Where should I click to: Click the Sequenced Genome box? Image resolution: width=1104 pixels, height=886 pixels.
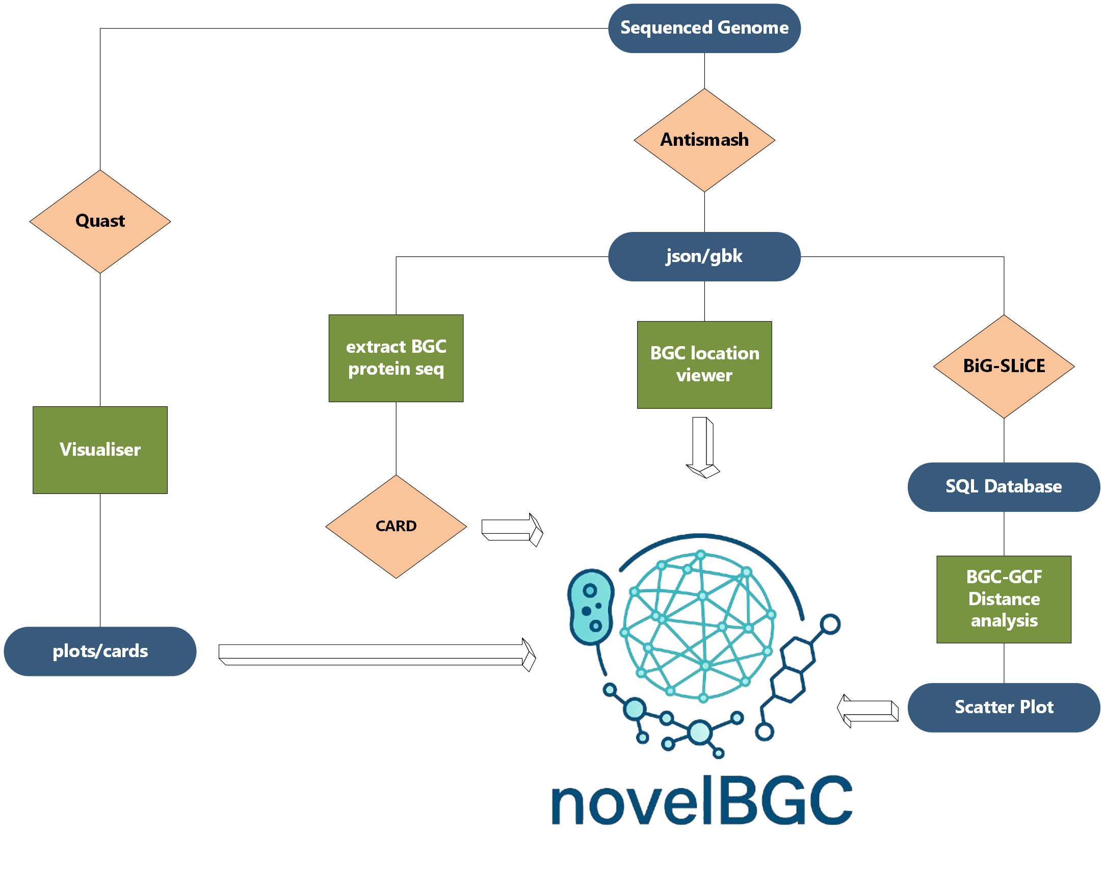[x=704, y=28]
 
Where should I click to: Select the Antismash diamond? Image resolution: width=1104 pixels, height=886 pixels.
[x=704, y=140]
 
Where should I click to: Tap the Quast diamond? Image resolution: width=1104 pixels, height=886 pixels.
[x=100, y=221]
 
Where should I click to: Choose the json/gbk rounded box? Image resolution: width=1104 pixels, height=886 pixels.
[x=704, y=256]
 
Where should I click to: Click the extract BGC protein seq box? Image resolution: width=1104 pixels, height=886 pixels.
[x=396, y=358]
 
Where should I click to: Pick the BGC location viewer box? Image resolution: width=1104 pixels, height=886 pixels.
[x=704, y=364]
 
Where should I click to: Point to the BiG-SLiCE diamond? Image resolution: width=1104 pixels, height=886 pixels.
[x=1004, y=366]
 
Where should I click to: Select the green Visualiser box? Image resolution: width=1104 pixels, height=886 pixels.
[x=100, y=450]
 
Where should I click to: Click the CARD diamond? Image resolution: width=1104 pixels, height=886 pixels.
[x=396, y=527]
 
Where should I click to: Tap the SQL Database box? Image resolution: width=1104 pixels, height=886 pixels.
[x=1004, y=486]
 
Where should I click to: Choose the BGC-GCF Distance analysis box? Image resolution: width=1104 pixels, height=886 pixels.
[x=1004, y=599]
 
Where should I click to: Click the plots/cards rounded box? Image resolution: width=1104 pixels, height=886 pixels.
[x=100, y=651]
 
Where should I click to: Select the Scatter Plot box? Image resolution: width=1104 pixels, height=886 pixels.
[x=1004, y=707]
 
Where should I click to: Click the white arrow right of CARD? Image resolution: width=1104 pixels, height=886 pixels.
[x=512, y=530]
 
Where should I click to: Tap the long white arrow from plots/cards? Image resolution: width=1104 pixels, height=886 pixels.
[x=376, y=655]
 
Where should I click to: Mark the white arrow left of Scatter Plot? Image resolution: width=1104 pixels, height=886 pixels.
[x=868, y=711]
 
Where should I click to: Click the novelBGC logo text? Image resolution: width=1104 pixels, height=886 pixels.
[x=701, y=800]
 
